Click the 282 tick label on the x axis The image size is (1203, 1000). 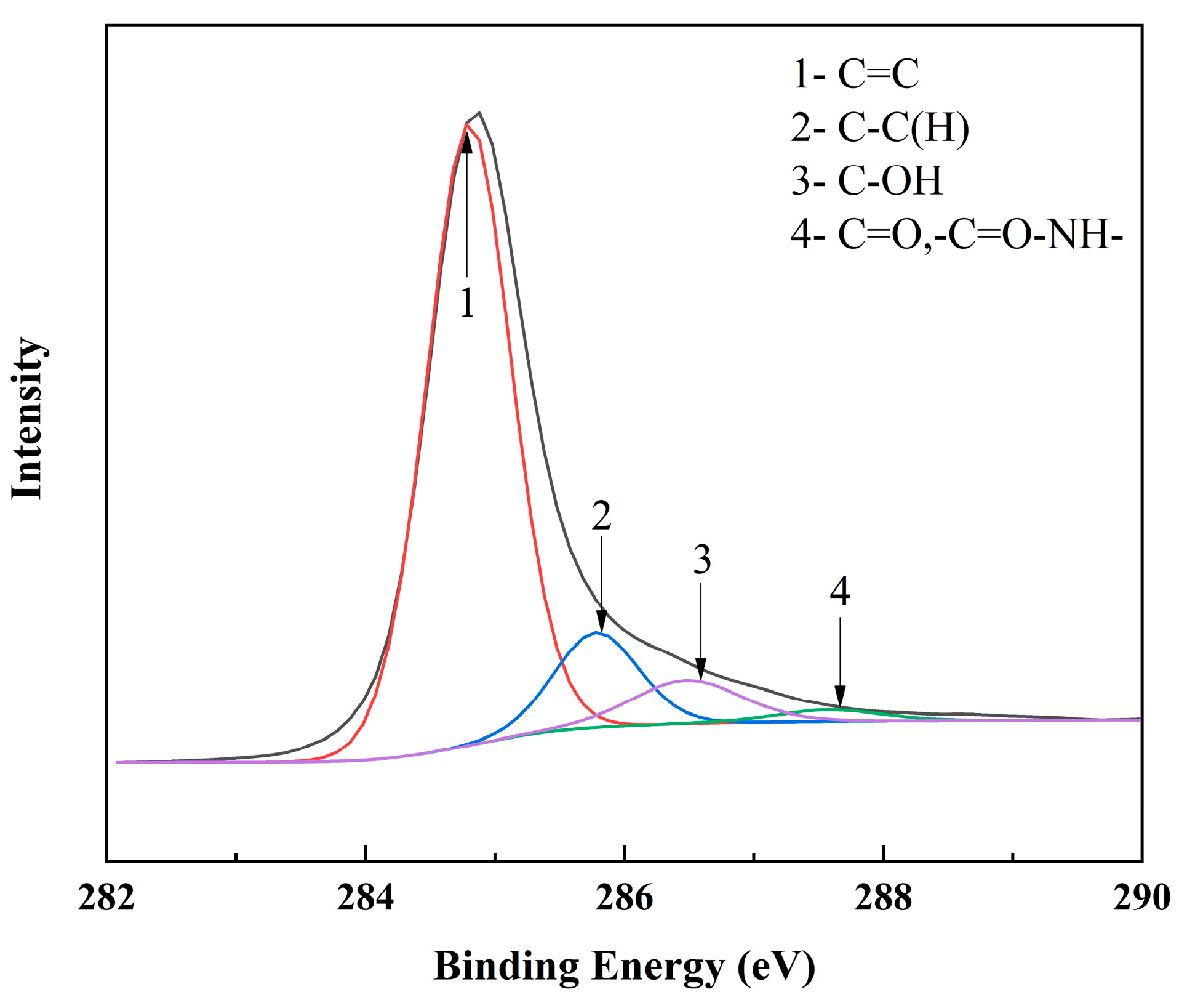tap(106, 898)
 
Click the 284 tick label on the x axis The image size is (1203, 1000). tap(365, 898)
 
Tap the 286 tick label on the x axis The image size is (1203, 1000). tap(624, 898)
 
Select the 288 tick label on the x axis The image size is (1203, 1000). tap(883, 898)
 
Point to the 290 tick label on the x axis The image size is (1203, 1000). tap(1141, 898)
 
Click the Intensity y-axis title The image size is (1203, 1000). tap(28, 418)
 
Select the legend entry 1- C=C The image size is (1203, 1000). tap(855, 74)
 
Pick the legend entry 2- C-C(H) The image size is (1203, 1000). tap(880, 127)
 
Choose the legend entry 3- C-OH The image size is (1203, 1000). tap(866, 181)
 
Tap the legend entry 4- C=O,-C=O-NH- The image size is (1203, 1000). tap(957, 235)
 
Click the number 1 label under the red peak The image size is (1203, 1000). tap(467, 302)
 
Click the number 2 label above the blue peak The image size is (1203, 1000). tap(601, 515)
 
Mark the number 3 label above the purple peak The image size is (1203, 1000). tap(701, 560)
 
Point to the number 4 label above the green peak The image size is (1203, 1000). tap(840, 591)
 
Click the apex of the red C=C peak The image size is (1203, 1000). tap(467, 124)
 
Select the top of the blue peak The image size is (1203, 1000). tap(596, 632)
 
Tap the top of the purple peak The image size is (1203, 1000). tap(688, 680)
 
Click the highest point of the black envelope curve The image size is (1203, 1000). tap(479, 113)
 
